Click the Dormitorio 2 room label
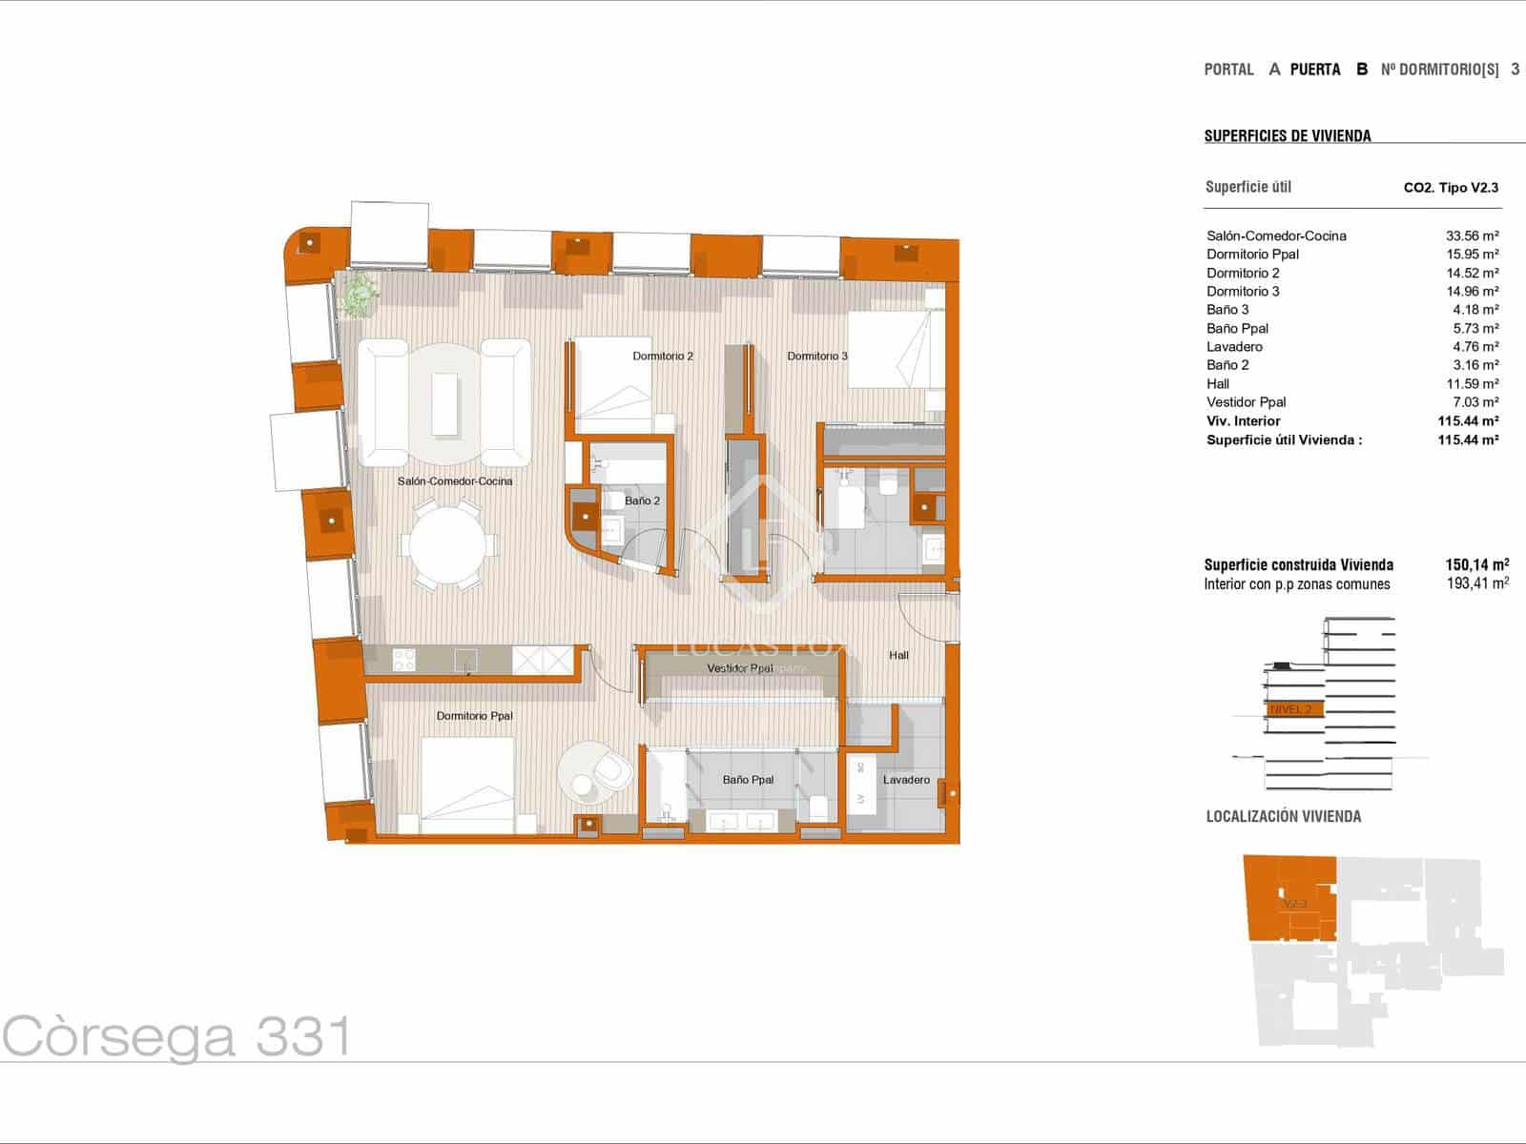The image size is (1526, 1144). [x=663, y=357]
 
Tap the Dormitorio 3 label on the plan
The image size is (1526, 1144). [x=817, y=357]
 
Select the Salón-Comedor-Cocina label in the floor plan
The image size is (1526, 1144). [x=455, y=481]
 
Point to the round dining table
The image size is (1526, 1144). [x=446, y=546]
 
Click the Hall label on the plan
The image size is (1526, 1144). [x=898, y=655]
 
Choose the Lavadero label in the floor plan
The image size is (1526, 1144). [x=906, y=780]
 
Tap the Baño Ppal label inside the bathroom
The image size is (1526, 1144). [x=748, y=780]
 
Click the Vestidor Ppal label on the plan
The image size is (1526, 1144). [x=740, y=669]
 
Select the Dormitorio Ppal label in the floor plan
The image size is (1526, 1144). [x=474, y=716]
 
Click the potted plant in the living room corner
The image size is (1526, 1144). [x=359, y=295]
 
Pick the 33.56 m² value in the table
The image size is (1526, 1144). [x=1472, y=236]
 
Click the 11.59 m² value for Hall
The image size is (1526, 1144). [x=1472, y=384]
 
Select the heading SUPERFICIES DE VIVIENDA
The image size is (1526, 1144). [x=1288, y=136]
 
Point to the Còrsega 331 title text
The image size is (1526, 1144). [x=176, y=1036]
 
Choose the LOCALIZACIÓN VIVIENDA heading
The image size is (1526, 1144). [x=1284, y=816]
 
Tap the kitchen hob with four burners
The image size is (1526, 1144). [x=404, y=660]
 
